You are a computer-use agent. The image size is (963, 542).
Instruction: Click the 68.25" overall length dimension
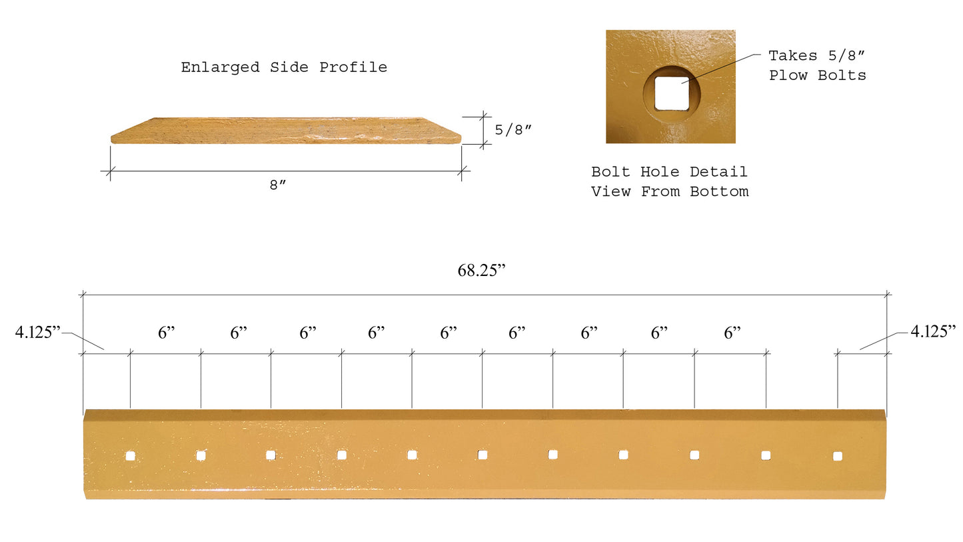481,271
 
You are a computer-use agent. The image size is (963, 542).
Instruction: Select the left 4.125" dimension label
38,331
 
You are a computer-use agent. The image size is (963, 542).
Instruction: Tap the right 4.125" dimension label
933,331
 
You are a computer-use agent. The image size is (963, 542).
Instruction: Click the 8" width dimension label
277,185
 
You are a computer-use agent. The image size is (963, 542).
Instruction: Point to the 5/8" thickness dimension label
513,130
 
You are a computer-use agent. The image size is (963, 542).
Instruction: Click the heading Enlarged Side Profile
284,67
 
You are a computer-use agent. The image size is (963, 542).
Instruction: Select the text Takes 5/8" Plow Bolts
817,65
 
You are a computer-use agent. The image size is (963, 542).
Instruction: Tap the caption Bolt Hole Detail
669,172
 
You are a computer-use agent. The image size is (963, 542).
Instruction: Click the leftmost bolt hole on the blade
130,456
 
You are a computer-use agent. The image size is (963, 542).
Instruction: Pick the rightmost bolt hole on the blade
838,456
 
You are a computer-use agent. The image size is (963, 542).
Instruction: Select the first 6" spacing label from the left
166,333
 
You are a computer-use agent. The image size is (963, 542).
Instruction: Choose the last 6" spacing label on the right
732,333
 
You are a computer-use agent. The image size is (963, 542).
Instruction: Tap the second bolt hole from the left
201,455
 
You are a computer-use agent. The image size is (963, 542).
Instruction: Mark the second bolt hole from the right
766,455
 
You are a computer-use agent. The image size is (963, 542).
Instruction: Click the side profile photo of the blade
285,131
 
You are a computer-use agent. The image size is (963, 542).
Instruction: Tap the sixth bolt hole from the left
482,455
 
